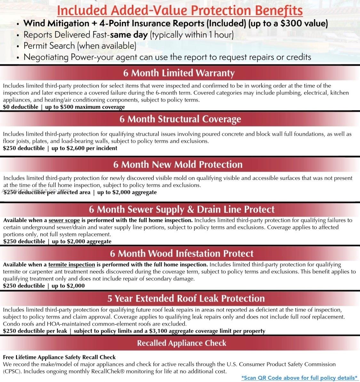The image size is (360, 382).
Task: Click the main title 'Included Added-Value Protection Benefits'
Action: coord(180,10)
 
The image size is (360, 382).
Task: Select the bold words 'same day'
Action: coord(129,35)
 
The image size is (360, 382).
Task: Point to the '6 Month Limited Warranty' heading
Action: coord(179,73)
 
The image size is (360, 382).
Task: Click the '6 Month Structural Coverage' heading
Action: coord(180,119)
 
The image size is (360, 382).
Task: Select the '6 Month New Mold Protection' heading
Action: coord(178,165)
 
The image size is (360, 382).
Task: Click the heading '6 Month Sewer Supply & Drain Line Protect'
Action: coord(182,209)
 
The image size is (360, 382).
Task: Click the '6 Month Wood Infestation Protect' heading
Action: coord(181,254)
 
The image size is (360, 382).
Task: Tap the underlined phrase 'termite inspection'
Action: coord(71,265)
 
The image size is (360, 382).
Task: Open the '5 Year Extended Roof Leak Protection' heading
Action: coord(186,298)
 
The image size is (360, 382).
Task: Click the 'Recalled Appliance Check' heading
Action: coord(181,343)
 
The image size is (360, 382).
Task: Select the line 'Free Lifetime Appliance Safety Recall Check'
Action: coord(59,357)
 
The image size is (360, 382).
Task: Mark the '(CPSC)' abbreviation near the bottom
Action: coord(12,371)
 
